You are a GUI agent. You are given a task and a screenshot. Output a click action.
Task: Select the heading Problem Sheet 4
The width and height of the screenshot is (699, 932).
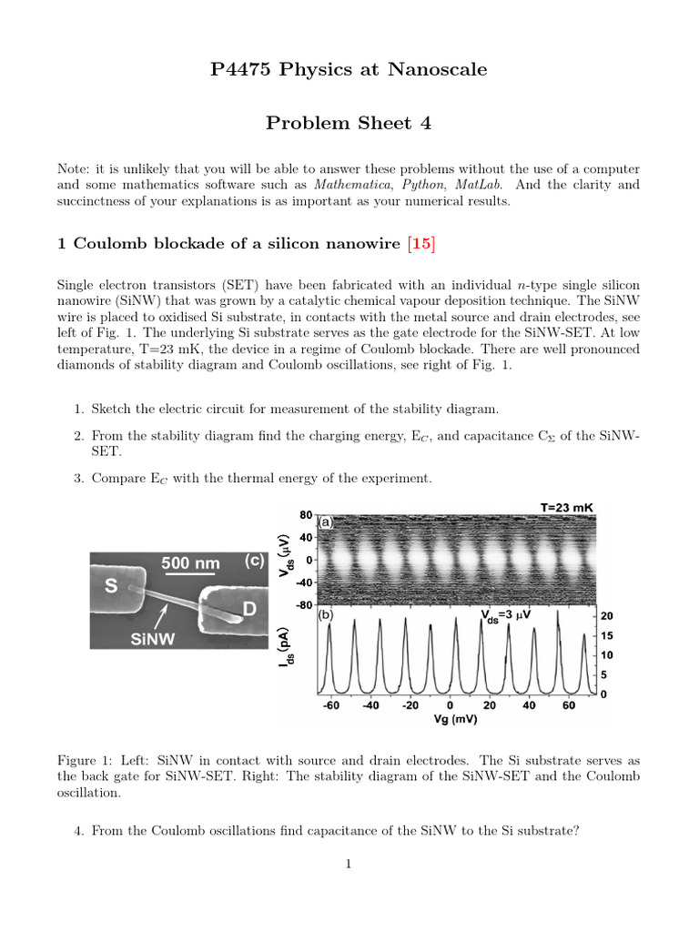click(349, 123)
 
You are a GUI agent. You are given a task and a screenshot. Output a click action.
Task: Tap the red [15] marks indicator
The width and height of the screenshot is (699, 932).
click(422, 243)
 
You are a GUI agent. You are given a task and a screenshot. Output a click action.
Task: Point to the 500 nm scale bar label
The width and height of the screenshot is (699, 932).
click(190, 563)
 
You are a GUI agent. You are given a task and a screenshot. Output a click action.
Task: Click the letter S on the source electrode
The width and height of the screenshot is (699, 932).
click(112, 587)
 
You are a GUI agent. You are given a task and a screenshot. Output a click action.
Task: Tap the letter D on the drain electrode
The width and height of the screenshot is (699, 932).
click(248, 608)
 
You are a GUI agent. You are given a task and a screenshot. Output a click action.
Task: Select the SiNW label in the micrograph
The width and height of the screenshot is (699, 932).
click(155, 640)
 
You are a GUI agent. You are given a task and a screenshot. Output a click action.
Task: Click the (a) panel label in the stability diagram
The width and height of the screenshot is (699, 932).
click(325, 523)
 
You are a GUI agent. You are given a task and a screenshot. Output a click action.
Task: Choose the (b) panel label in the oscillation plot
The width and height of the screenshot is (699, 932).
click(325, 615)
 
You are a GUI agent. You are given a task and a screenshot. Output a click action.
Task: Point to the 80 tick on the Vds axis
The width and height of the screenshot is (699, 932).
click(305, 515)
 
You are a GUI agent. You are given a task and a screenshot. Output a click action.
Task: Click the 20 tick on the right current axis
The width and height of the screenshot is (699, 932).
click(607, 615)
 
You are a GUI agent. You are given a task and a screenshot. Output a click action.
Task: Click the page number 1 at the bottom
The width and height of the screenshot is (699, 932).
click(349, 864)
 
